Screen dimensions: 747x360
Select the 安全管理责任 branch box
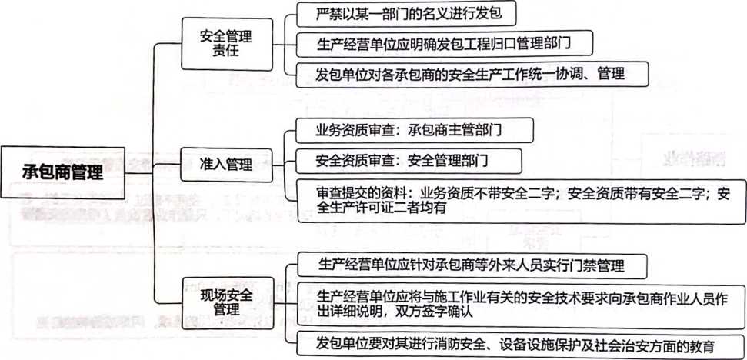click(x=226, y=44)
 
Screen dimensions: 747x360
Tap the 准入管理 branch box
click(x=226, y=165)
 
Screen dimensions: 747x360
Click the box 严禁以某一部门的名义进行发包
click(x=406, y=14)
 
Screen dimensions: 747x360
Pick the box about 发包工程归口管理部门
click(x=445, y=43)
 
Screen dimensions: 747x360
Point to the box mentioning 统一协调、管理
click(x=472, y=75)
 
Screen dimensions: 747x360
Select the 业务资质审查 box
click(x=415, y=130)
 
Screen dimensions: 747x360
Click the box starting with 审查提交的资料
click(x=521, y=201)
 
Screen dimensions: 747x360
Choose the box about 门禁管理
click(x=472, y=265)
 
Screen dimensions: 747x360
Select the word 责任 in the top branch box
click(x=226, y=50)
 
